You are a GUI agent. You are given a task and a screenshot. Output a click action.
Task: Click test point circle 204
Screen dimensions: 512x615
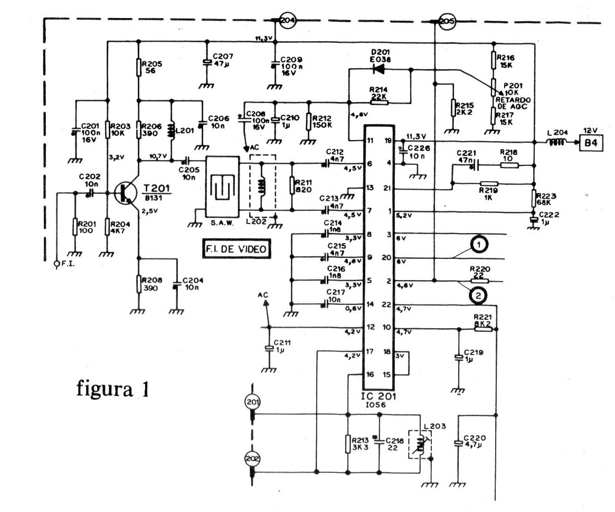[x=287, y=21]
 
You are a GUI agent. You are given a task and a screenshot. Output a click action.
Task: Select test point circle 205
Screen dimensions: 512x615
[x=447, y=22]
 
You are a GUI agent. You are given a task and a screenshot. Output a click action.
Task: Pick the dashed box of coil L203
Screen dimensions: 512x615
[x=420, y=447]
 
